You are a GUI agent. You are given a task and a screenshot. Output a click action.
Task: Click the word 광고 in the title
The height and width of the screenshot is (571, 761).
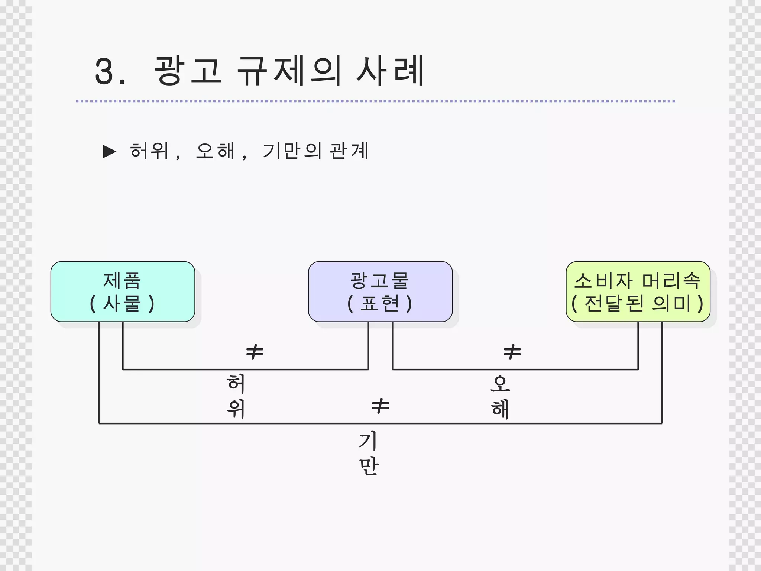[188, 70]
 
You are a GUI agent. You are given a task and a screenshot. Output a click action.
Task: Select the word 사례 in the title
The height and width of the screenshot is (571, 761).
[390, 70]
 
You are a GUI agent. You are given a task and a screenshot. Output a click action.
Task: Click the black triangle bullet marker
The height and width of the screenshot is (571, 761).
[109, 152]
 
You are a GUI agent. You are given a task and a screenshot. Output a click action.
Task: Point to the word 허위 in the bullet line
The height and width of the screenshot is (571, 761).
[149, 151]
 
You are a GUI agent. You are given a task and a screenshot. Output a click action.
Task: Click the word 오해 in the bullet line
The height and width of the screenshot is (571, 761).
[216, 151]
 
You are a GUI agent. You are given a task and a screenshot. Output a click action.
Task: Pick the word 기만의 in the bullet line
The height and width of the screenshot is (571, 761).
[292, 151]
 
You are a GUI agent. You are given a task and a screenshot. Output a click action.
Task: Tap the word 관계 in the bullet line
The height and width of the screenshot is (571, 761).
[349, 151]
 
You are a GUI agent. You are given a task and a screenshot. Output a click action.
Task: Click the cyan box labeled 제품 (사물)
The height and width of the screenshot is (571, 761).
[123, 291]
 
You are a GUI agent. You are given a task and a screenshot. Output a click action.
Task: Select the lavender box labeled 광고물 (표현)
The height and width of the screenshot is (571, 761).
[380, 291]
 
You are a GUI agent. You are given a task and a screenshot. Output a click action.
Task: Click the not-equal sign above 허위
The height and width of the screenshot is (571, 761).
[255, 352]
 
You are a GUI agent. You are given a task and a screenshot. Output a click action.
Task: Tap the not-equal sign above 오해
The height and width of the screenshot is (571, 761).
[512, 352]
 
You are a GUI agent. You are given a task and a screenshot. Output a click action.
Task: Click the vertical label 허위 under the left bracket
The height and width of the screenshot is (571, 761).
[236, 396]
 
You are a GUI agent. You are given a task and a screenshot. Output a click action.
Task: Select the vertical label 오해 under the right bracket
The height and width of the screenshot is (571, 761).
[500, 396]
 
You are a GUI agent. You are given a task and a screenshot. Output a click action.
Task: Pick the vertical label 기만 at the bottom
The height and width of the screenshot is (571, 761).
[369, 453]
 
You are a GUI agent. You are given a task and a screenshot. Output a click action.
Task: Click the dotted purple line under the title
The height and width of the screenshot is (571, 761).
[375, 101]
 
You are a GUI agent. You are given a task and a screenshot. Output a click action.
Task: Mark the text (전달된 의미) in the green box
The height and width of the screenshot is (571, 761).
[638, 303]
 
